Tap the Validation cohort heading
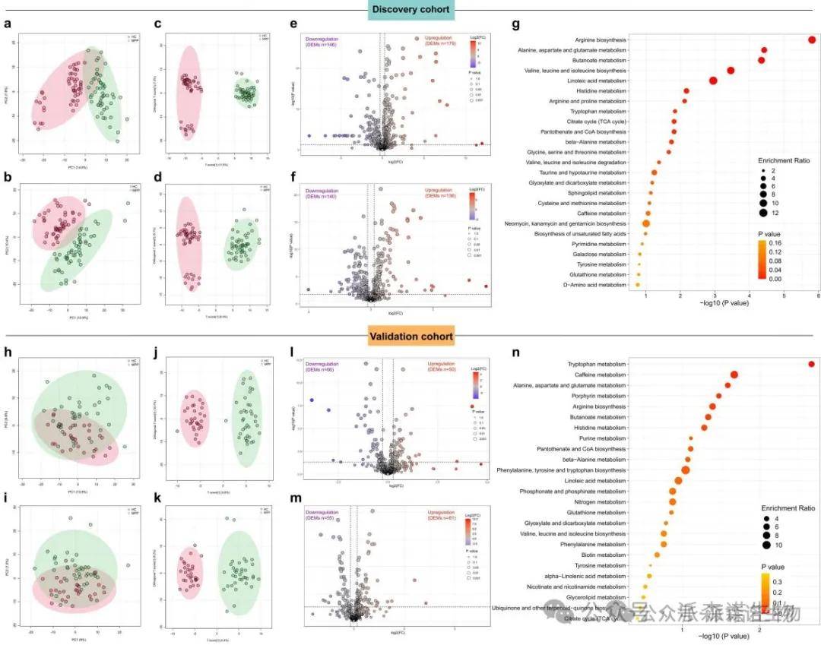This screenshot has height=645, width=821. [x=410, y=335]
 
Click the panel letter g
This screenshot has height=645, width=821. [x=516, y=24]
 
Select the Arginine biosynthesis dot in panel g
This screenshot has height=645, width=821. [x=812, y=40]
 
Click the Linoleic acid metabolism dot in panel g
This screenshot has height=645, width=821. [x=714, y=81]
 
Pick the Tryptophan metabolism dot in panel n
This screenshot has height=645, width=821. [x=812, y=365]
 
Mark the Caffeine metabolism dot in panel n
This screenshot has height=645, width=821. [x=734, y=375]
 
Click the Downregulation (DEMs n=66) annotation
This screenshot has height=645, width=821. [x=321, y=366]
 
